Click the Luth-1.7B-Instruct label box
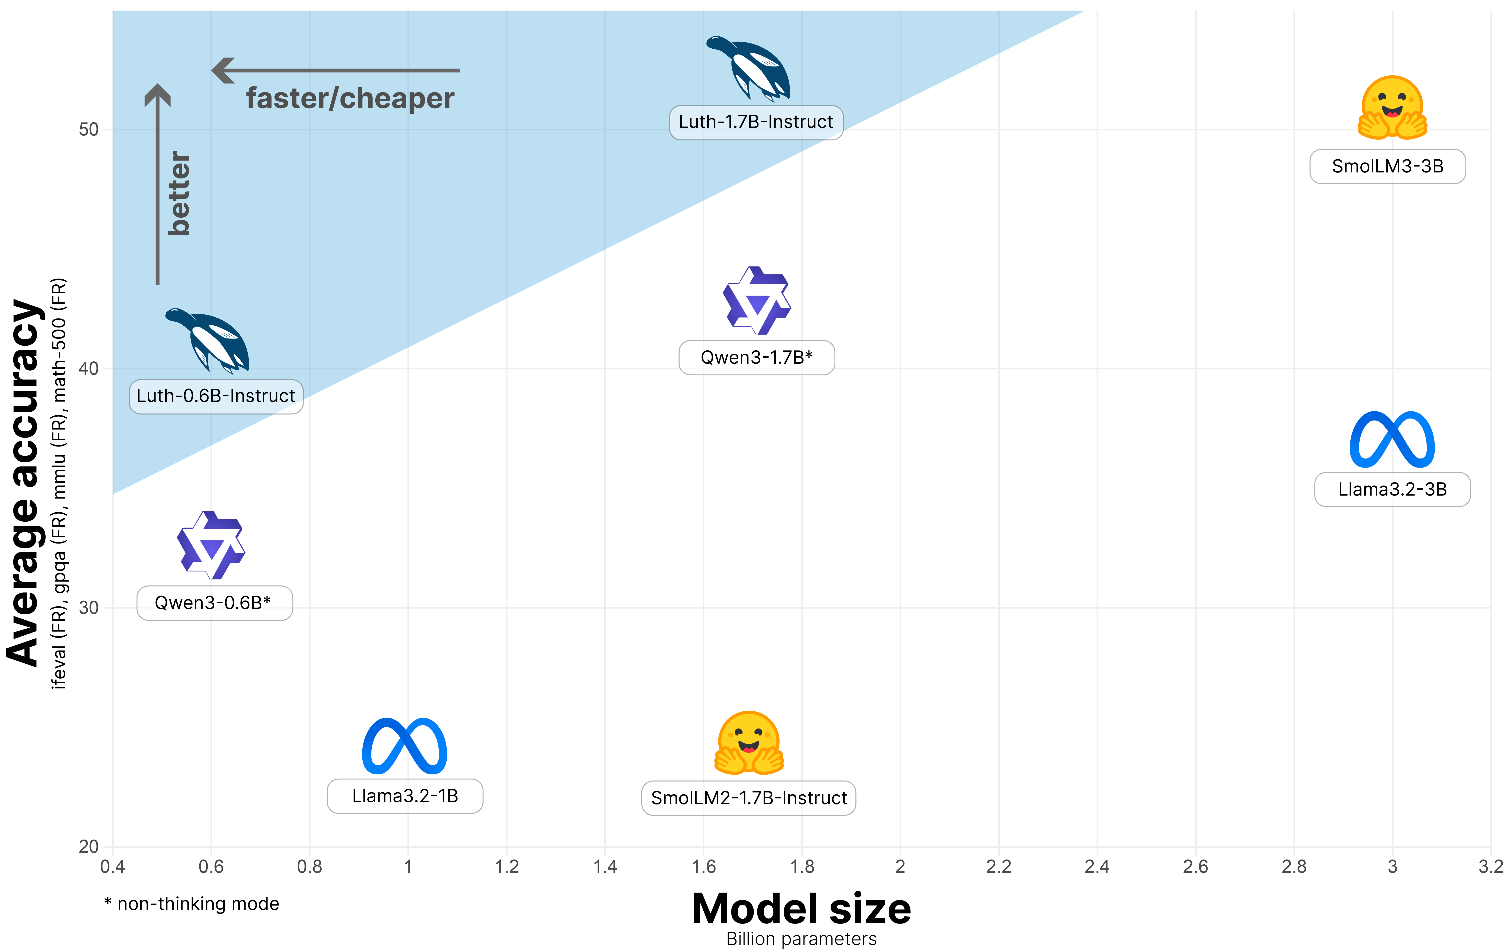point(756,122)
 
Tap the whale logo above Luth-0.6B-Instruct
point(209,340)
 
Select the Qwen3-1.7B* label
point(756,358)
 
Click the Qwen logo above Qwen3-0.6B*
point(211,545)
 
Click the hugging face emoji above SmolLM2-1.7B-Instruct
point(749,743)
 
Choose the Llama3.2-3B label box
point(1392,490)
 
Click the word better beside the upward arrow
point(179,194)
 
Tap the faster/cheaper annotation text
point(350,99)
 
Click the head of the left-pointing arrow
point(223,71)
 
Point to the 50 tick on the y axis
point(89,130)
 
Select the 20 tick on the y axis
point(89,847)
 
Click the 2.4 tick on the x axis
point(1097,867)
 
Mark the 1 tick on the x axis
point(408,867)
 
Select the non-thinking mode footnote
point(192,904)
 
